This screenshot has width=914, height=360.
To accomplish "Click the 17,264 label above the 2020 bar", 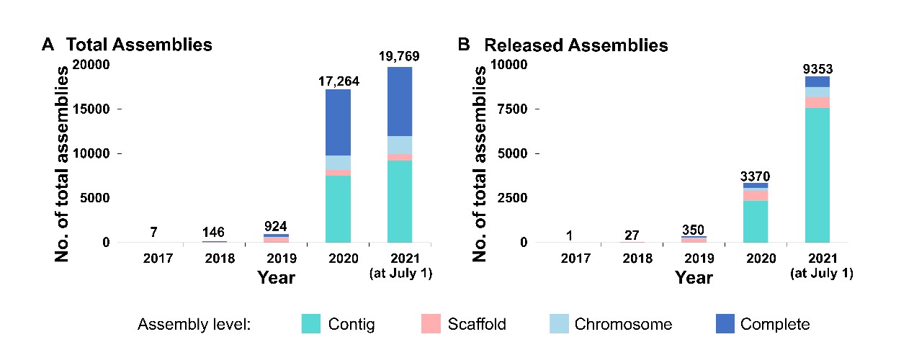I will click(338, 82).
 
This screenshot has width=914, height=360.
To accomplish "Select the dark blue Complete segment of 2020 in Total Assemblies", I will click(338, 122).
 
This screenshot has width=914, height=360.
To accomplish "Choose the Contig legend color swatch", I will click(315, 324).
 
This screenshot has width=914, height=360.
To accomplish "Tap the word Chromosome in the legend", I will click(623, 324).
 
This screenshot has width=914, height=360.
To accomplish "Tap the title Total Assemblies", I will click(139, 45).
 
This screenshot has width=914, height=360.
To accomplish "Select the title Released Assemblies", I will click(576, 45).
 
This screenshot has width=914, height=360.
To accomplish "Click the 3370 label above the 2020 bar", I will click(756, 176).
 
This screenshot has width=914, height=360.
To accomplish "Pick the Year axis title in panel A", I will click(276, 277).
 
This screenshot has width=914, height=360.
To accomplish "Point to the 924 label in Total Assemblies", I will click(276, 227).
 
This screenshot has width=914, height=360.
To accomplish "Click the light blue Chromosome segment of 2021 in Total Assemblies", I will click(400, 145).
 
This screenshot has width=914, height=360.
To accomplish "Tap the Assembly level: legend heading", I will click(194, 324).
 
